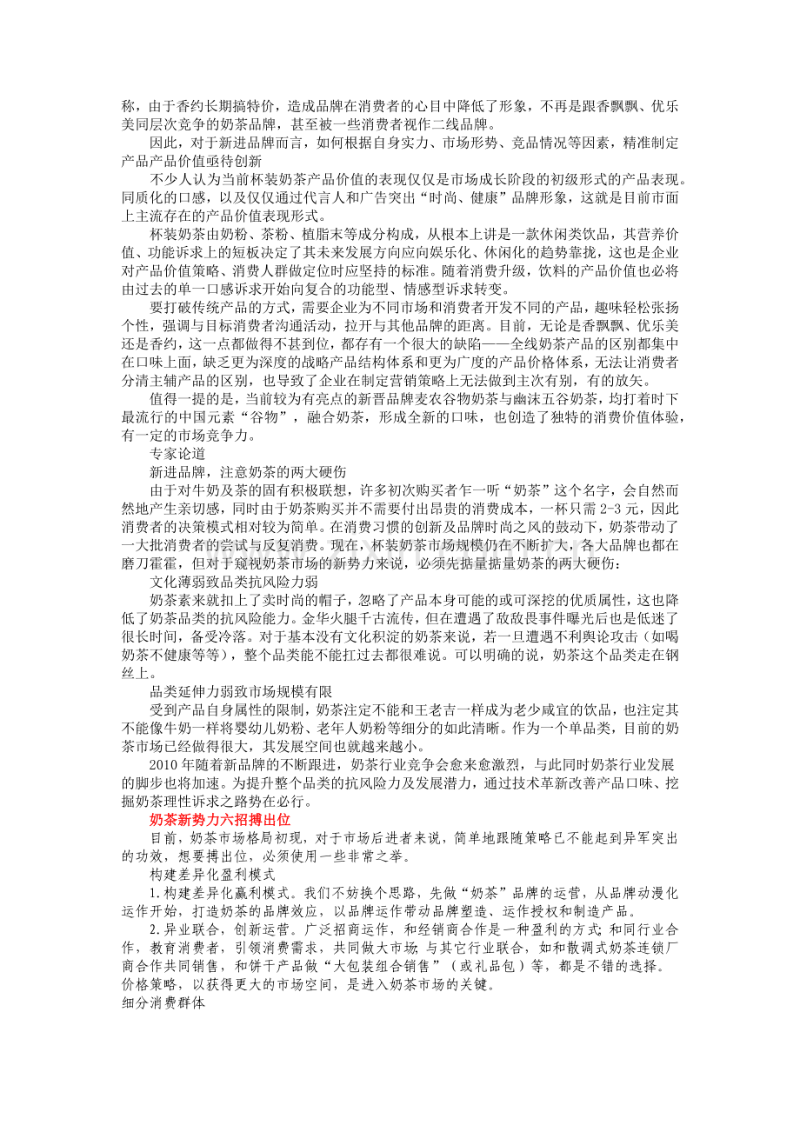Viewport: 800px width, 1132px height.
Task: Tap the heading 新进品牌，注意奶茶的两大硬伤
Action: pos(248,472)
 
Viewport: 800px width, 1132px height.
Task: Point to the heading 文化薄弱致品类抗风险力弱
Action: pos(233,580)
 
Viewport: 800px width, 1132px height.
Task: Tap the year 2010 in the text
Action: pos(163,766)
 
